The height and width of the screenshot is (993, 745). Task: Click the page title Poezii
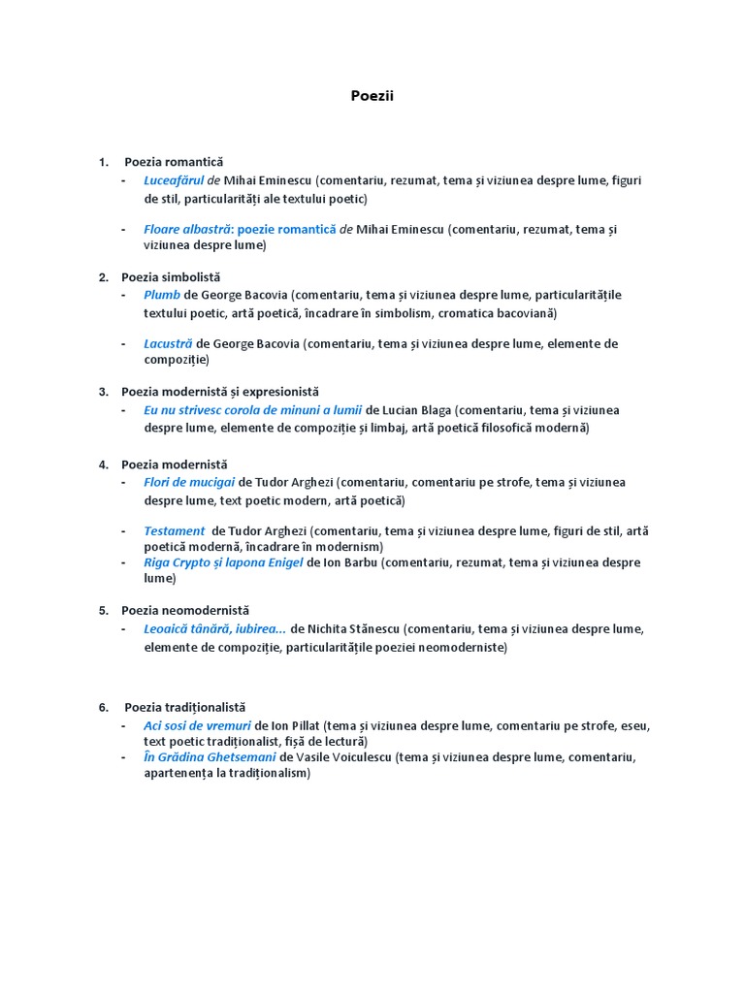point(372,96)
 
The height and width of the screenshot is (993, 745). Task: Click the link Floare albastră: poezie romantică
point(240,230)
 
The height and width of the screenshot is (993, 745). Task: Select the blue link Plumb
point(162,295)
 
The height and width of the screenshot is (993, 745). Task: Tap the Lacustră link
point(168,343)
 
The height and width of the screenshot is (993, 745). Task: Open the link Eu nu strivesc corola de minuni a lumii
point(252,410)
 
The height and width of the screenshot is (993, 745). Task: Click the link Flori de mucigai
point(189,482)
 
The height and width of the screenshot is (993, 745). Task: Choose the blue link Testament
point(174,530)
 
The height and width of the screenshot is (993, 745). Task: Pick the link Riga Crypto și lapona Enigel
point(223,562)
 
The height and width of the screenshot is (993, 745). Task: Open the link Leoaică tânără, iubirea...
point(214,628)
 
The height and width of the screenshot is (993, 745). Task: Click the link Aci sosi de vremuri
point(197,725)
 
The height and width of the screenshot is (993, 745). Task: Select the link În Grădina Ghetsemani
point(210,757)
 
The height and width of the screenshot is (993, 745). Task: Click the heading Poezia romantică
point(174,162)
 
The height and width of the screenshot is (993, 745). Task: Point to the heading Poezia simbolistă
point(171,277)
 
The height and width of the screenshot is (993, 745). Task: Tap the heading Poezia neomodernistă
point(185,611)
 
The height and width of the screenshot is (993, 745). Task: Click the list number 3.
point(103,392)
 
